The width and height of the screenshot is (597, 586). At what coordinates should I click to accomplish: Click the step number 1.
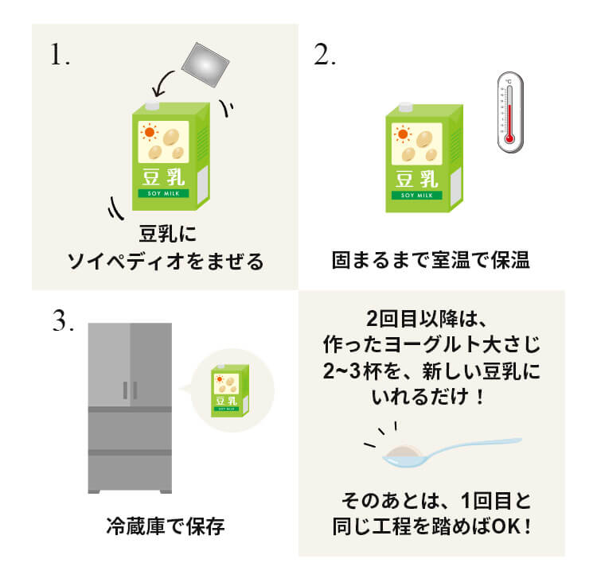(60, 55)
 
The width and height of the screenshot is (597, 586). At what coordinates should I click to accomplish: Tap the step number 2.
(325, 55)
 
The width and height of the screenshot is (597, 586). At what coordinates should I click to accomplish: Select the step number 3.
(63, 320)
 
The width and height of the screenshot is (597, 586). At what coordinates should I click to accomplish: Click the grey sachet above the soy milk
(205, 65)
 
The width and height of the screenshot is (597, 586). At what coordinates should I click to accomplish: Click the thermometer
(510, 112)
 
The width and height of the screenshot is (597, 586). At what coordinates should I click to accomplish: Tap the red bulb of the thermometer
(509, 138)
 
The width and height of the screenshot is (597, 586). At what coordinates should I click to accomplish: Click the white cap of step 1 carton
(152, 106)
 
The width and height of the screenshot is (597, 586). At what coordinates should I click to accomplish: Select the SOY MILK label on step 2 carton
(417, 195)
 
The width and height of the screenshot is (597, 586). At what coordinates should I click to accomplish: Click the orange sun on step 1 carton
(150, 132)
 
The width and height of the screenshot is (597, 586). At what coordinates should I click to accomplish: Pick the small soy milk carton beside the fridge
(230, 390)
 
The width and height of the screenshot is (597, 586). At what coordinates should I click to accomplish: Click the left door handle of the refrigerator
(125, 390)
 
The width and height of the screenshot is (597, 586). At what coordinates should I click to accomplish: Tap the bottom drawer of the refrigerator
(130, 472)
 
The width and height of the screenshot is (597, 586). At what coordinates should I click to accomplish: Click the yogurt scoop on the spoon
(403, 452)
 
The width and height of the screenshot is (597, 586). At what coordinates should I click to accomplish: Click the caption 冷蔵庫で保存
(166, 526)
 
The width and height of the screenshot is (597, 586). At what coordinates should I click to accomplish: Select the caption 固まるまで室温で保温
(431, 260)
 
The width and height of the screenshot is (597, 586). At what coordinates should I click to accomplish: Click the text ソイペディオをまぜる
(166, 262)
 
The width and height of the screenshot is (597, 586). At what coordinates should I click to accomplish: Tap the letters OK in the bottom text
(505, 526)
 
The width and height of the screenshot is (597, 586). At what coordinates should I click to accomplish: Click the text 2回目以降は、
(426, 319)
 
